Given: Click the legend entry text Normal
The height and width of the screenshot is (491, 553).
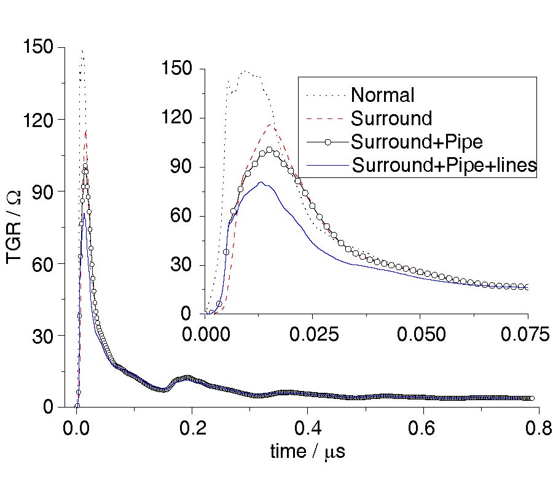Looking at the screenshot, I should [x=382, y=95].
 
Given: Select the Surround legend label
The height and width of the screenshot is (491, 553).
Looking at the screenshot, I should [x=391, y=118].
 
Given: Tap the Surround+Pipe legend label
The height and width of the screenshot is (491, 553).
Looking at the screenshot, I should [x=417, y=141].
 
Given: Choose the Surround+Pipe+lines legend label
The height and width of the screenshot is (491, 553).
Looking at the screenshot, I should [x=444, y=164].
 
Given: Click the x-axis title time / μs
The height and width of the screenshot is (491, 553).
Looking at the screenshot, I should [x=308, y=452].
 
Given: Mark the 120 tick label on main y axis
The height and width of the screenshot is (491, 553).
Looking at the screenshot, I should [x=36, y=119].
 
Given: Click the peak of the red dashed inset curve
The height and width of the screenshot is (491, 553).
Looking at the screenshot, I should [x=271, y=125].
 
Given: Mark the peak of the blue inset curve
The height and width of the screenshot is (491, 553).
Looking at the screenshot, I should [x=261, y=182].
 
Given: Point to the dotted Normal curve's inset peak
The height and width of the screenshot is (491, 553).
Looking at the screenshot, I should [x=246, y=71].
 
